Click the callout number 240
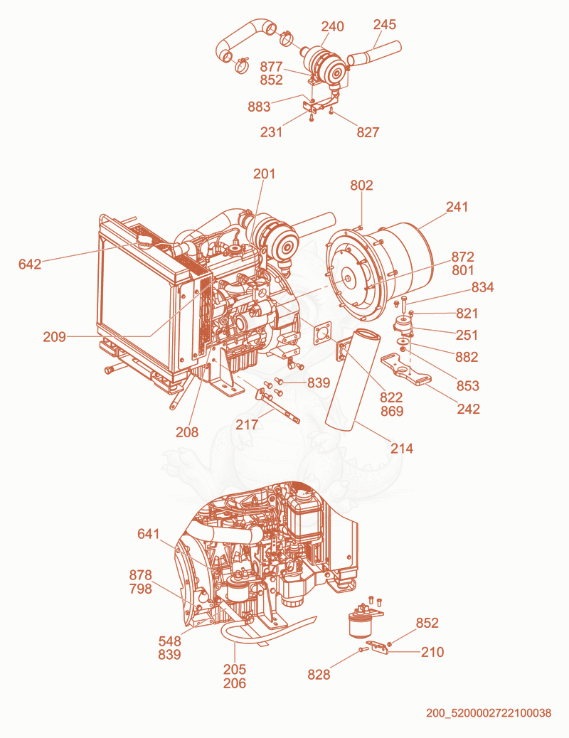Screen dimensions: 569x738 pyautogui.click(x=333, y=26)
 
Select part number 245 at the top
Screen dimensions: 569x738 pyautogui.click(x=385, y=24)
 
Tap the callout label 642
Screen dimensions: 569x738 pyautogui.click(x=30, y=264)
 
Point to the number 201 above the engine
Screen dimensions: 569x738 pyautogui.click(x=265, y=173)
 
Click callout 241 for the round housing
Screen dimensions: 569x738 pyautogui.click(x=457, y=207)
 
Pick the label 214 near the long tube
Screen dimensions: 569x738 pyautogui.click(x=402, y=448)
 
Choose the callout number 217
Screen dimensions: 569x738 pyautogui.click(x=247, y=424)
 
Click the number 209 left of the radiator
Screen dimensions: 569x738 pyautogui.click(x=54, y=337)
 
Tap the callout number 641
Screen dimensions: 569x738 pyautogui.click(x=149, y=534)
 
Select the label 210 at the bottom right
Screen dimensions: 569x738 pyautogui.click(x=432, y=652)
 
